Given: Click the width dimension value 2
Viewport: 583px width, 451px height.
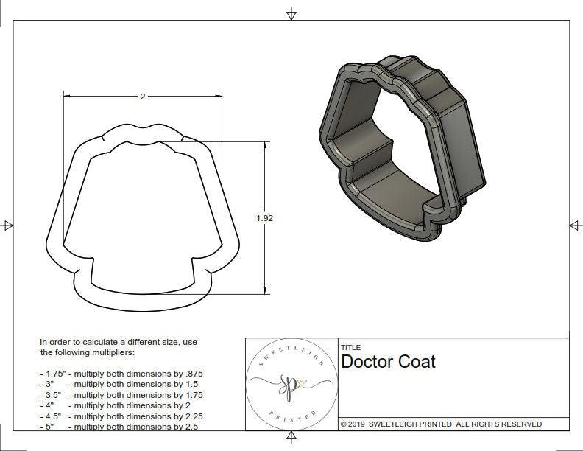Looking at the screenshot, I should pyautogui.click(x=142, y=97).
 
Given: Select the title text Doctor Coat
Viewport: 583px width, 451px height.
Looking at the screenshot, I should pyautogui.click(x=388, y=362).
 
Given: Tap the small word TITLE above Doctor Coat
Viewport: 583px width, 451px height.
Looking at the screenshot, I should pyautogui.click(x=350, y=347).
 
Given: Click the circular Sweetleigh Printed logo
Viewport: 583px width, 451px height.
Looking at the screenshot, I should pyautogui.click(x=292, y=384).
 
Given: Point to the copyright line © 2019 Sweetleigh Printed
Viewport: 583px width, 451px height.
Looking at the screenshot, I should pyautogui.click(x=441, y=424).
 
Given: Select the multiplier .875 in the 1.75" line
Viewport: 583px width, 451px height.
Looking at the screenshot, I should pyautogui.click(x=192, y=374).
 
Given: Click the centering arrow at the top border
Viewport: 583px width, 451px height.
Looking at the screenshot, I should pyautogui.click(x=291, y=13).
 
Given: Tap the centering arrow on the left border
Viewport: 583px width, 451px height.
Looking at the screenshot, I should pyautogui.click(x=7, y=225).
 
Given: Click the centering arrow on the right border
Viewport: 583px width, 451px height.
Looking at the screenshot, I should pyautogui.click(x=575, y=225).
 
